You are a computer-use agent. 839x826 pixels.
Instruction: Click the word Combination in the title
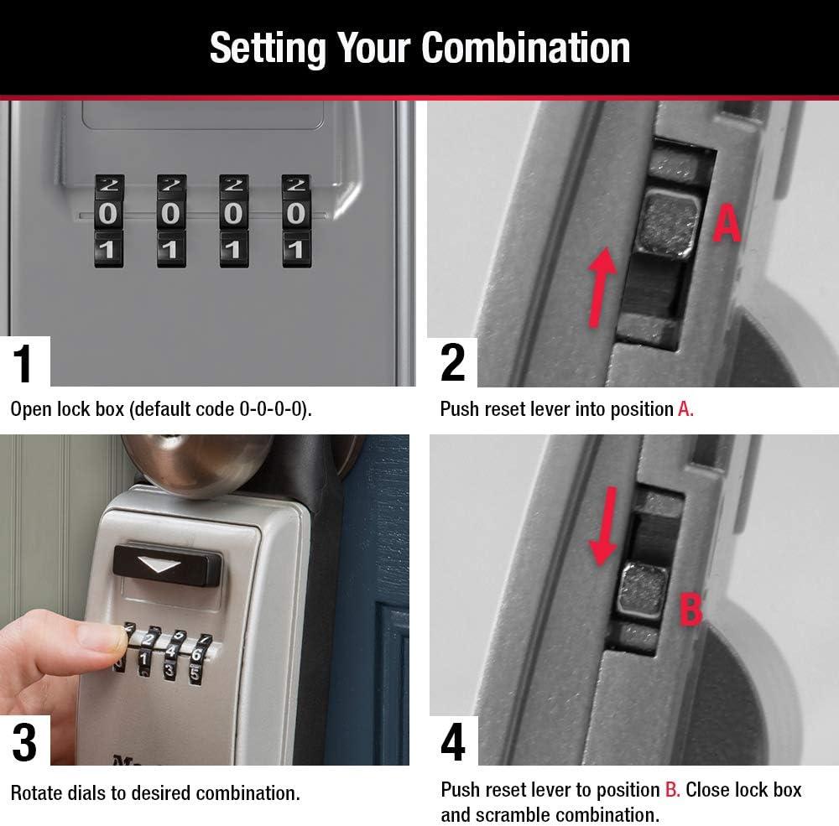(526, 48)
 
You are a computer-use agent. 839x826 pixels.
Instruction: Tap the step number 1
(23, 363)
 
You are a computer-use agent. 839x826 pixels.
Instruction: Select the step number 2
(453, 363)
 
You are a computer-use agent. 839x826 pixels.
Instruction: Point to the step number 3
(24, 742)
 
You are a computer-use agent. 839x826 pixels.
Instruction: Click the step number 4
(453, 742)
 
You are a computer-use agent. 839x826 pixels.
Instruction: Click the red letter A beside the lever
(727, 223)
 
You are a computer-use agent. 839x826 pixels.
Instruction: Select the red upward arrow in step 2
(602, 287)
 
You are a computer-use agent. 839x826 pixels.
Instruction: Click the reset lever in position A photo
(668, 225)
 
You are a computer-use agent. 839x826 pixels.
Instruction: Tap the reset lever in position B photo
(643, 590)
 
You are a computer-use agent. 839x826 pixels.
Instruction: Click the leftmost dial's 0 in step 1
(108, 214)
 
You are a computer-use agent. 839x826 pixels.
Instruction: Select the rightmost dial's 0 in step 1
(296, 214)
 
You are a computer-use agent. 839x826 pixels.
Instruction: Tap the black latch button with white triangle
(167, 567)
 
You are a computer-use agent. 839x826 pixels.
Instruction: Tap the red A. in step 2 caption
(685, 409)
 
